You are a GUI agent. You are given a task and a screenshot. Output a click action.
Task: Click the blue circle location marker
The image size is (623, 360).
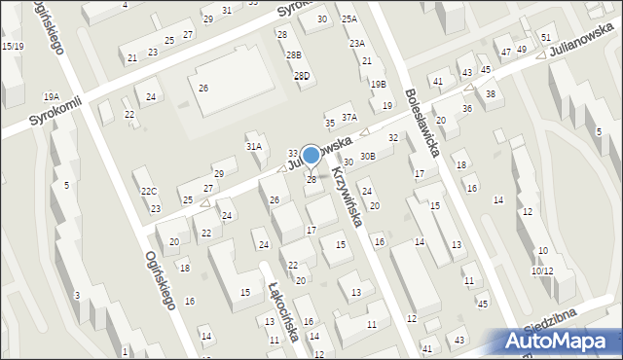pos(311,155)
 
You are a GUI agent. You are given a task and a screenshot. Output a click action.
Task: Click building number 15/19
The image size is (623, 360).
pos(13,46)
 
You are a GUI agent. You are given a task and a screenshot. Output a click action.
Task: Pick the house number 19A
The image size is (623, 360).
pos(51,96)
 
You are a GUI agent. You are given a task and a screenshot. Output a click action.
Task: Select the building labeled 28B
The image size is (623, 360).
pos(293,55)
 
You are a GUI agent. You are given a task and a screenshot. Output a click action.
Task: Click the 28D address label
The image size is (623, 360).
pos(302,76)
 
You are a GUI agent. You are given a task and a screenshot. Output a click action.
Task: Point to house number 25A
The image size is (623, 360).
pos(348,19)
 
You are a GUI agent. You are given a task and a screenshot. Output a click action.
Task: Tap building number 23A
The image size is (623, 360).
pos(357,43)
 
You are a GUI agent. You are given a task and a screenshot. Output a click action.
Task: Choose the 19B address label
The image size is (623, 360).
pos(378,85)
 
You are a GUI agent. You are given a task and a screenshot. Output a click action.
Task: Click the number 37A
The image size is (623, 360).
pos(348,117)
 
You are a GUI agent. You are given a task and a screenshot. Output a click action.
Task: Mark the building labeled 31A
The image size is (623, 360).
pos(254,146)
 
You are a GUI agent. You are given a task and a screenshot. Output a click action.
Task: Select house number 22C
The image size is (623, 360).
pos(148,191)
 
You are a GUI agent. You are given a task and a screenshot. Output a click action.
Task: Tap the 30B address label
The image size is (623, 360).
pos(367,156)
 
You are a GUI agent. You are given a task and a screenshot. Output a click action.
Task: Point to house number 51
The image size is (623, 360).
pos(545,37)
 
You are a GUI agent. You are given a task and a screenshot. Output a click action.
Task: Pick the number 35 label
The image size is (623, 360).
pos(330,123)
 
